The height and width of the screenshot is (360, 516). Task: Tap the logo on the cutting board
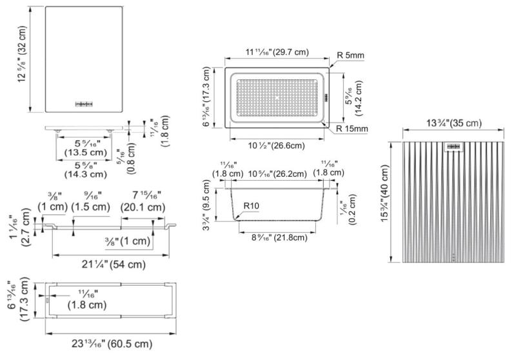(x=85, y=102)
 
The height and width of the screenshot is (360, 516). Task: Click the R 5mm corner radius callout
(x=351, y=55)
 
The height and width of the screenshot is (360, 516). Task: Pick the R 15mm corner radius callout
(x=352, y=129)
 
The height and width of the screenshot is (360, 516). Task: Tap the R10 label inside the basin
(x=251, y=206)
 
